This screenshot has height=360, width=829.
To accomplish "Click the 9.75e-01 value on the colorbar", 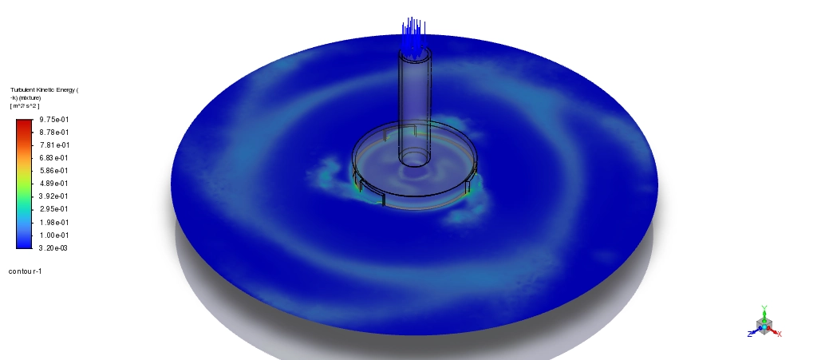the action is tap(54, 120).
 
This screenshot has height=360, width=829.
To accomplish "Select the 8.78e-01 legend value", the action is tap(54, 133).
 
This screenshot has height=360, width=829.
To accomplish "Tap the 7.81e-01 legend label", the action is tap(54, 144).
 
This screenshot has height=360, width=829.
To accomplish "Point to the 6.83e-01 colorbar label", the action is tap(54, 157).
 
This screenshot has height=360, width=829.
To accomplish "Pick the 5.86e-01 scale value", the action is tap(54, 171).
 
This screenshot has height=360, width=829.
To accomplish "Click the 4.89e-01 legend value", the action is tap(54, 184).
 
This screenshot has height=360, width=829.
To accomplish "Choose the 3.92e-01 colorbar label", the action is tap(54, 196).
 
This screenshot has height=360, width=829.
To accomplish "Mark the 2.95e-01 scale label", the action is tap(54, 209).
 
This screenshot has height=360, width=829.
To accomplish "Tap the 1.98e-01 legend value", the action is tap(54, 222).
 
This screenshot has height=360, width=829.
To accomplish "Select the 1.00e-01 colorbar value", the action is tap(54, 235).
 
